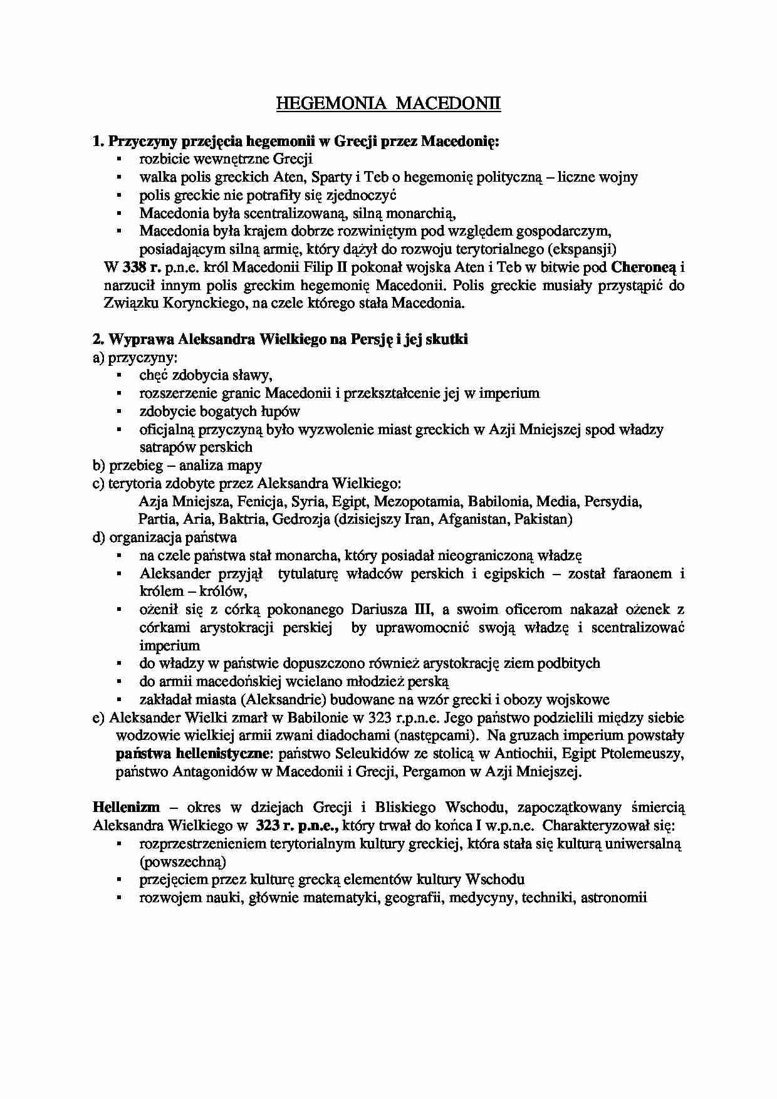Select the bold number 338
click(x=135, y=268)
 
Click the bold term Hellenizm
click(x=126, y=807)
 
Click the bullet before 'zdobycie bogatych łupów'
click(x=118, y=412)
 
